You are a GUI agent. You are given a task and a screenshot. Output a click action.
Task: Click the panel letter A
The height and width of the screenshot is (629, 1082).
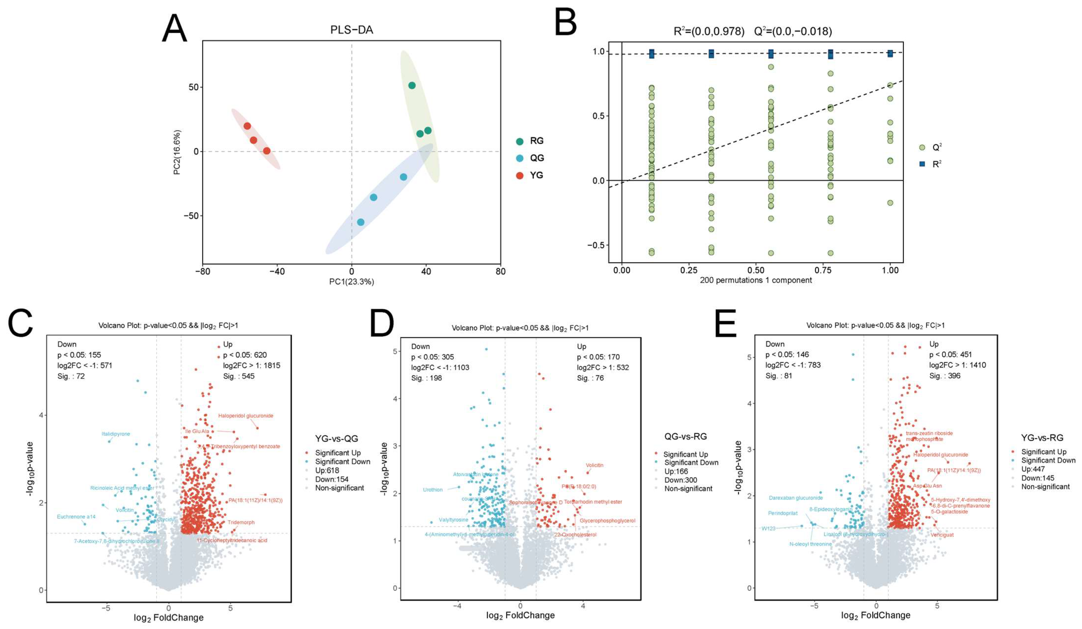point(174,28)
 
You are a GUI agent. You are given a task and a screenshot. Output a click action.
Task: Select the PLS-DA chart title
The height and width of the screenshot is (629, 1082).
point(351,30)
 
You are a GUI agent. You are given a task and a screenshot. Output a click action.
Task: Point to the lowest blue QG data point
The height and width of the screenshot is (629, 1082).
point(361,222)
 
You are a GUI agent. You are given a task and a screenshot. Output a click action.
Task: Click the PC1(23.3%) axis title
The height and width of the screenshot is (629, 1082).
point(351,282)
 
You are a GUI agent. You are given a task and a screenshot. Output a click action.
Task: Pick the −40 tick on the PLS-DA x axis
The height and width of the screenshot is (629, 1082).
point(277,272)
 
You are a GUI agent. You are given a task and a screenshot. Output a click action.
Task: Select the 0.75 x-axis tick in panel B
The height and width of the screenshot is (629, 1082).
point(823,270)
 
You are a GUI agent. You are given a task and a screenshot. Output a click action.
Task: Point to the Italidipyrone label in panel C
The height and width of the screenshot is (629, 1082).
point(116,434)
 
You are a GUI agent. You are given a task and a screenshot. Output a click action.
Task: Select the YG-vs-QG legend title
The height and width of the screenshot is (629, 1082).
point(337,439)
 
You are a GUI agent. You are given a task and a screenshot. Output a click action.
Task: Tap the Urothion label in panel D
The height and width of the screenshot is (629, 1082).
point(432,490)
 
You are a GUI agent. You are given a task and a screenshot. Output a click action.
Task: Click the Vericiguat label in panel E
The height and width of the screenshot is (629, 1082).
point(942,535)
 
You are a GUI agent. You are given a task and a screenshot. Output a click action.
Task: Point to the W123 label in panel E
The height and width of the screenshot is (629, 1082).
point(768,529)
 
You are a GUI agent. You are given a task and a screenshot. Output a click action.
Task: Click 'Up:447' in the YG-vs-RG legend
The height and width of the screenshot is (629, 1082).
point(1033,469)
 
